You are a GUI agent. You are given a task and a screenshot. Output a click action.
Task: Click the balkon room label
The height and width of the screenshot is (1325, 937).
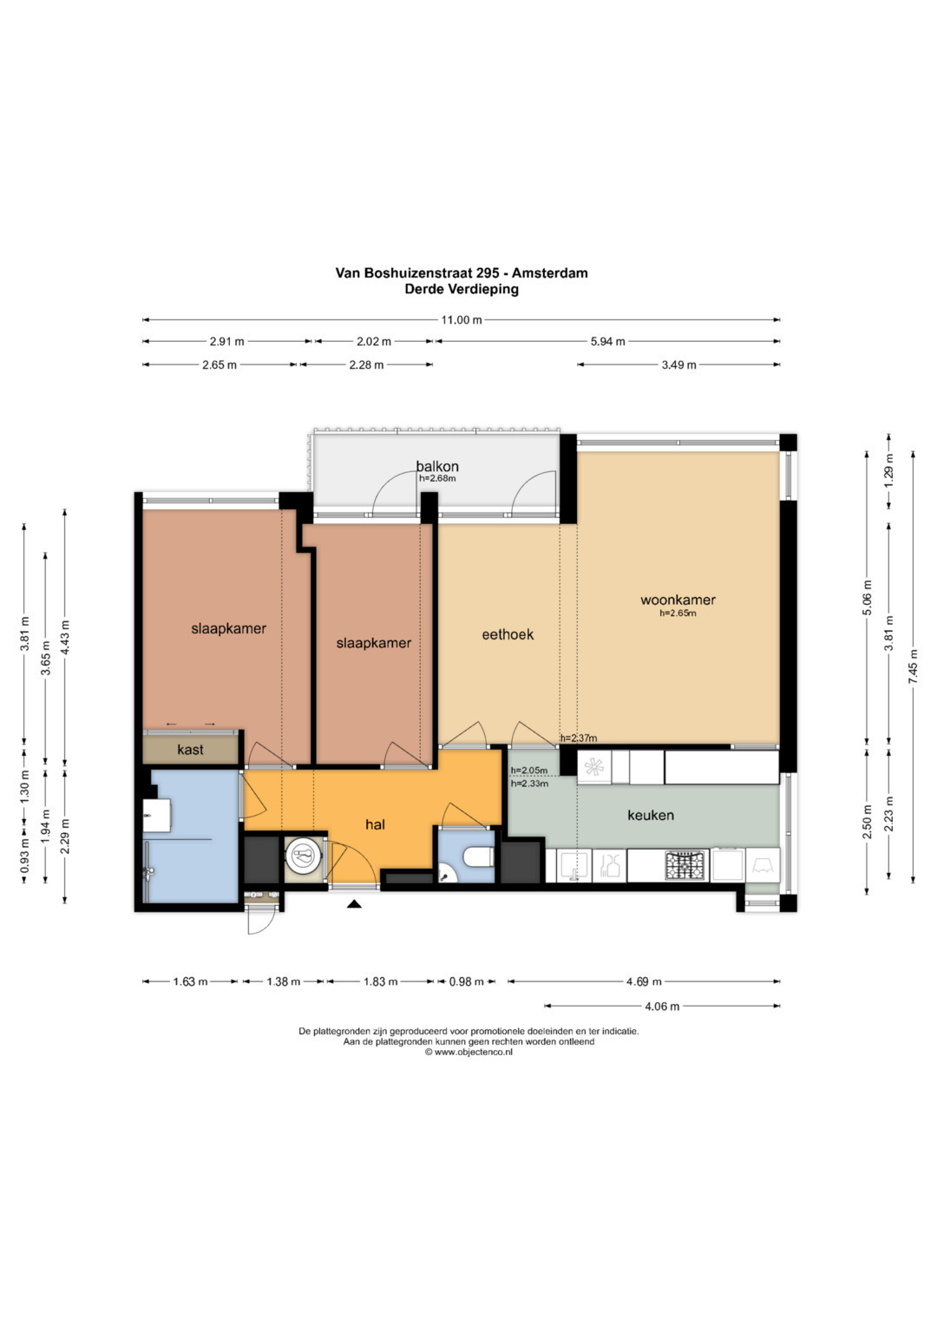coord(437,466)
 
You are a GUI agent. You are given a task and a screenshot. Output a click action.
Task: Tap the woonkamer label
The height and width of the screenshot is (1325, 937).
coord(678,600)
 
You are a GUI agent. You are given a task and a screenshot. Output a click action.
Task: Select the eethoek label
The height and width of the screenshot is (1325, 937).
coord(508,634)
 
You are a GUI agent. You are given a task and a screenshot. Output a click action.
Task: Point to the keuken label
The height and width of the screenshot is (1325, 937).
coord(651,815)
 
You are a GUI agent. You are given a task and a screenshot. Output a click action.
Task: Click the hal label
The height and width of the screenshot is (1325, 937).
coord(375,824)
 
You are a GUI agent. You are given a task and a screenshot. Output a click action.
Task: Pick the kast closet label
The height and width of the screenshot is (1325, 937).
coord(191,750)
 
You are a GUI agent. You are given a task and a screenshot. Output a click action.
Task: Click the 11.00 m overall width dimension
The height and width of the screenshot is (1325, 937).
coord(462,320)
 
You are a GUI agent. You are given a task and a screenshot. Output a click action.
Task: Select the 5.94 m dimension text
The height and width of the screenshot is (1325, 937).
coord(607,341)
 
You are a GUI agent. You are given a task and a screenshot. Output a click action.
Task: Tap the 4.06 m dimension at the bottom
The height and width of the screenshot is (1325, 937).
coord(662,1007)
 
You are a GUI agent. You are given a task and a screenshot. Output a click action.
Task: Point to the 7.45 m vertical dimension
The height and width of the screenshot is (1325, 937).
coord(914,666)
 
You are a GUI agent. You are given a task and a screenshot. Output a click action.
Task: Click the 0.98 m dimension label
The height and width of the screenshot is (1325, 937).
coord(467,982)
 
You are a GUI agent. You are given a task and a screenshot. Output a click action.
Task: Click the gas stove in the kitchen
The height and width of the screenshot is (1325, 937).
coord(686,865)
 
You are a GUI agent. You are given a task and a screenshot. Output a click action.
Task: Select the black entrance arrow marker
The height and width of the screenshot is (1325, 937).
coord(354,903)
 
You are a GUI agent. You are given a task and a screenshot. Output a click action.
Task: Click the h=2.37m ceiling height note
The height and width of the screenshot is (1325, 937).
coord(579,738)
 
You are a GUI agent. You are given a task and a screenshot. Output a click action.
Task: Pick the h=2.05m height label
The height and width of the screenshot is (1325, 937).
coord(529,771)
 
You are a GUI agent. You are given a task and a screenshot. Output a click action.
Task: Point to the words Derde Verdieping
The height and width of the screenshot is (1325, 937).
coord(462,289)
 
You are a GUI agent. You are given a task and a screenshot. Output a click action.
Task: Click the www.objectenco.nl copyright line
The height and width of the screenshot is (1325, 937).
coord(468,1053)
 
